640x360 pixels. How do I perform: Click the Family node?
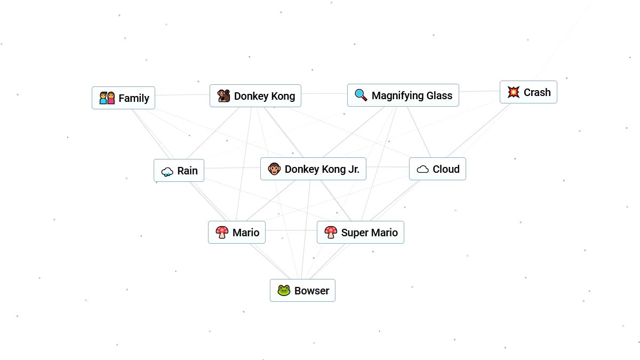(x=123, y=98)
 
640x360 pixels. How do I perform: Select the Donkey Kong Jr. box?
(x=313, y=169)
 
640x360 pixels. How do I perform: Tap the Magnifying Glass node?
(x=403, y=95)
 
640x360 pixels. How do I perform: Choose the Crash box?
(x=528, y=92)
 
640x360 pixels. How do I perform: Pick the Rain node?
(x=179, y=171)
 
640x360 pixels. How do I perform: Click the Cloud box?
(x=437, y=169)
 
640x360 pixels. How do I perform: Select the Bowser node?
(x=302, y=291)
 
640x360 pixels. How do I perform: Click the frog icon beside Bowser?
(x=284, y=291)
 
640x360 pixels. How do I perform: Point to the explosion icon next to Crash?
(x=514, y=92)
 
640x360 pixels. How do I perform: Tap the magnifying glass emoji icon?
(x=361, y=95)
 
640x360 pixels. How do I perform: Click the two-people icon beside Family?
(x=107, y=98)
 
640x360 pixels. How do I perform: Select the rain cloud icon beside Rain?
(x=167, y=172)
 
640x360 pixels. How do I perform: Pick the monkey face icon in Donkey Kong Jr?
(x=274, y=169)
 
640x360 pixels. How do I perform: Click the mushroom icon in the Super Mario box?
(x=331, y=233)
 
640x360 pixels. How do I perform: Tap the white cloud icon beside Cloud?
(x=422, y=170)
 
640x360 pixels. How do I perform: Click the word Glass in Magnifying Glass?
(x=438, y=95)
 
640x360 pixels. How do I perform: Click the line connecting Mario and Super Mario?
(x=291, y=230)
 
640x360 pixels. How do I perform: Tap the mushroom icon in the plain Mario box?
(x=222, y=232)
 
